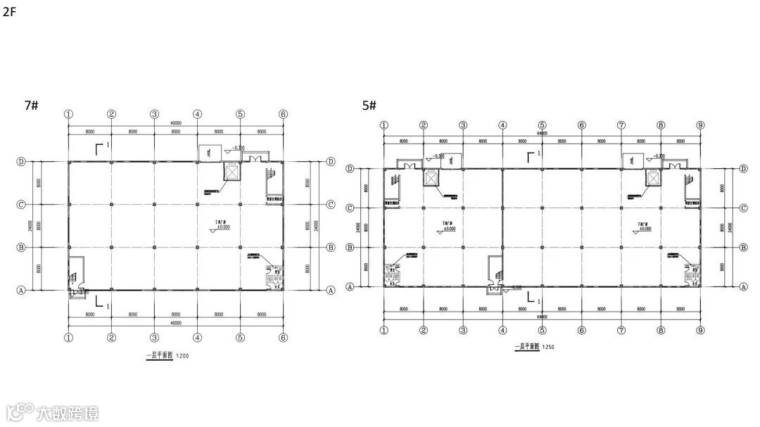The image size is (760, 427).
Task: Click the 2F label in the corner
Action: [9, 12]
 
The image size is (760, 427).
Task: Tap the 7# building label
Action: [31, 106]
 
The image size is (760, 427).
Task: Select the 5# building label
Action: [369, 106]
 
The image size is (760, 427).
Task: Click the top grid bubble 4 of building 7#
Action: [197, 114]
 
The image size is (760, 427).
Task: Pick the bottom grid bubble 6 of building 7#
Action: [283, 338]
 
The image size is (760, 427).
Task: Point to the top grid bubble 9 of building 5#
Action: [700, 125]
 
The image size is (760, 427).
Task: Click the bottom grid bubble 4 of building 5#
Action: [502, 330]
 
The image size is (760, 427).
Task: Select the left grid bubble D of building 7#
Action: [21, 161]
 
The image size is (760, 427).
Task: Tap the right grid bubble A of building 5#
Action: [744, 287]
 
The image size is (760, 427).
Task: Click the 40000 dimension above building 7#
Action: [175, 123]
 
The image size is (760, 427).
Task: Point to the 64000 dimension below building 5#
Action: [542, 317]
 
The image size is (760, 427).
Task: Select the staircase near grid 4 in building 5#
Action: [496, 269]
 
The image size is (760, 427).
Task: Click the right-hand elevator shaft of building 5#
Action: [652, 178]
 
